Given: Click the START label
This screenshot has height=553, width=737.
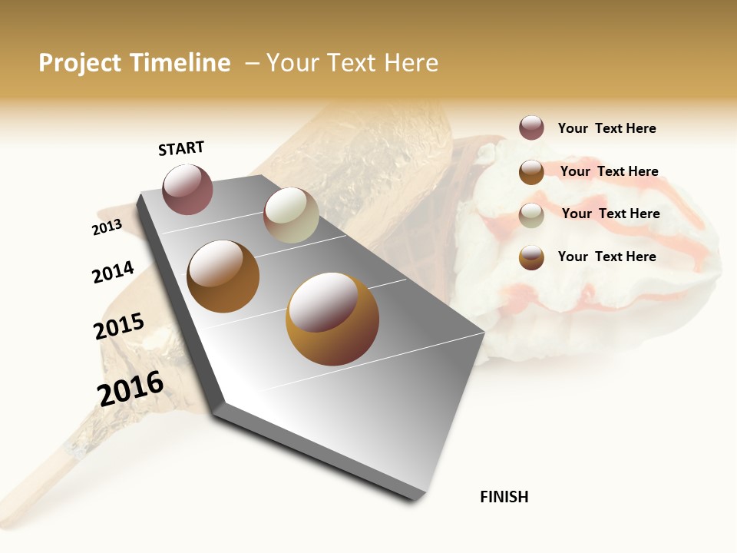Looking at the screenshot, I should (181, 148).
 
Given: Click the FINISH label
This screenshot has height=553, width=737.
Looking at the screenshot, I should (504, 497).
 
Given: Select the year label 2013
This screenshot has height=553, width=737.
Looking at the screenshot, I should (107, 227).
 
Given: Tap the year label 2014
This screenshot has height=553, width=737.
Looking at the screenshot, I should (113, 273).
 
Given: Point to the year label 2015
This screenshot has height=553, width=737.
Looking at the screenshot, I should (119, 326).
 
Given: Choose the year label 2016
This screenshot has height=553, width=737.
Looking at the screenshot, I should (131, 389).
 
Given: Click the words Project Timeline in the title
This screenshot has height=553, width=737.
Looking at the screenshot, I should (134, 63).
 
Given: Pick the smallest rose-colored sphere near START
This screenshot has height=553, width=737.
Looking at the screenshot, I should (188, 189).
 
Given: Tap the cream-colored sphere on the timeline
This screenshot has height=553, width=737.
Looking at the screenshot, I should (291, 215).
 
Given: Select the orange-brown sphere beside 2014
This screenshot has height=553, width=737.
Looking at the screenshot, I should (223, 276).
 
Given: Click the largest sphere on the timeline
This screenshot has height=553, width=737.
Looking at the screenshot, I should (332, 319).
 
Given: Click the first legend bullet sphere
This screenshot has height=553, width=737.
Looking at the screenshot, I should (531, 127).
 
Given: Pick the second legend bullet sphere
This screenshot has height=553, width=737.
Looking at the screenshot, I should (531, 171).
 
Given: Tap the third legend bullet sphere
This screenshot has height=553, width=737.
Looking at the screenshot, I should (531, 214).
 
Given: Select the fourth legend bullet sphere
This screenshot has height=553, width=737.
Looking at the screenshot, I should (531, 257).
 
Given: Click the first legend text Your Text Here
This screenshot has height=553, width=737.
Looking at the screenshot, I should (606, 128).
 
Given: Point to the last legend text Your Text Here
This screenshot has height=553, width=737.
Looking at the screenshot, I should (606, 257).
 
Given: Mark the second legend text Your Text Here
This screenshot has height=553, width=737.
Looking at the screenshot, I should (609, 171).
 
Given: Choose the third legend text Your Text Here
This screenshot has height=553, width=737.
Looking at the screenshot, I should (610, 214).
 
